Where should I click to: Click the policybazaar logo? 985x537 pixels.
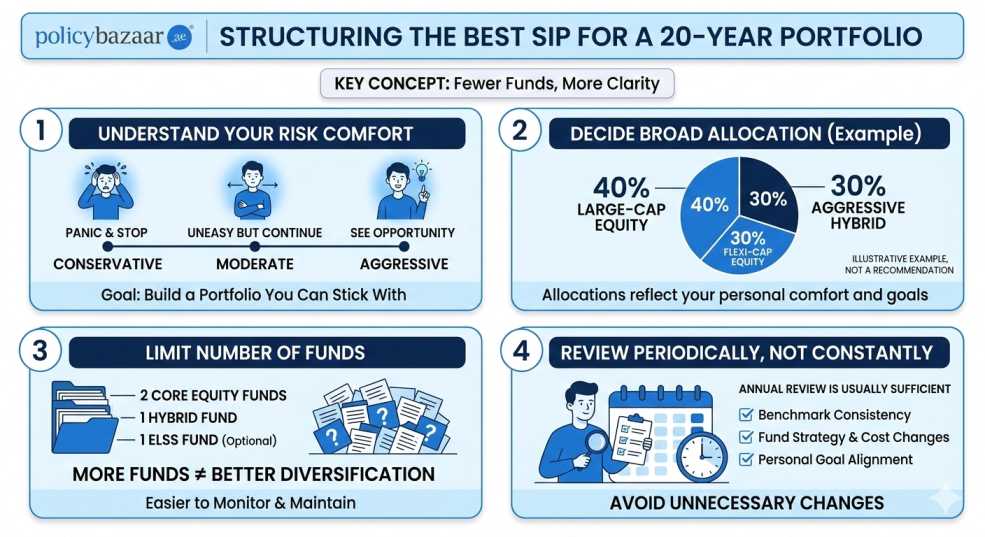113,37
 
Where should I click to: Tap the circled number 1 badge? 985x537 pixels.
41,133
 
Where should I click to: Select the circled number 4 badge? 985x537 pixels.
532,352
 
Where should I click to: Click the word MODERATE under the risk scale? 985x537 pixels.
255,264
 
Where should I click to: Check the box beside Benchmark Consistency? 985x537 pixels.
745,414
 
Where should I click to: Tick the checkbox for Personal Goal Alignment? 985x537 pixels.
745,459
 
